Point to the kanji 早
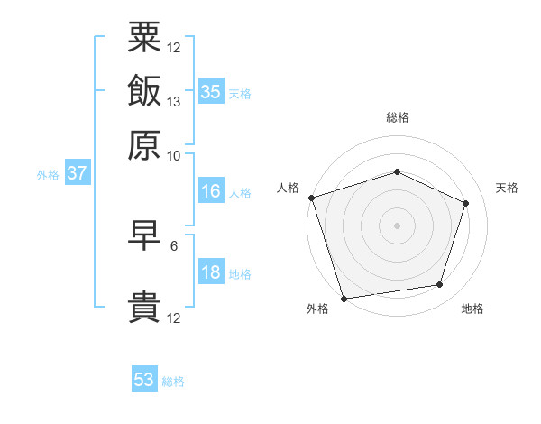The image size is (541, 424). point(144,235)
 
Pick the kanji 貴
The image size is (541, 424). point(144,307)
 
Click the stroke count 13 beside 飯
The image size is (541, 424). point(174,102)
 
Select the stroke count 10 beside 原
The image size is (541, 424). point(174,155)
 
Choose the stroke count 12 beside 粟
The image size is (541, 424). point(174,48)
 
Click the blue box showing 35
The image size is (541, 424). point(211,91)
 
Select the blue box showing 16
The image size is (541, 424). point(211,191)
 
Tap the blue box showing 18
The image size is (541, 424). point(211,272)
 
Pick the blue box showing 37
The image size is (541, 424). point(77,173)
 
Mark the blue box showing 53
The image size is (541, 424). point(144,380)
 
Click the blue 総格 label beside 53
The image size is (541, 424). point(173,382)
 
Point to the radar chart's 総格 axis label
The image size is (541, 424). point(398,117)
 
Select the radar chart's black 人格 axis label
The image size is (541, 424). point(289,188)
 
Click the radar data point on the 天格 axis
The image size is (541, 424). point(466,203)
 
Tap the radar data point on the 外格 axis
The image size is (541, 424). point(344,299)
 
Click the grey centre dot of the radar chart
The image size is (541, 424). point(397,226)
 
